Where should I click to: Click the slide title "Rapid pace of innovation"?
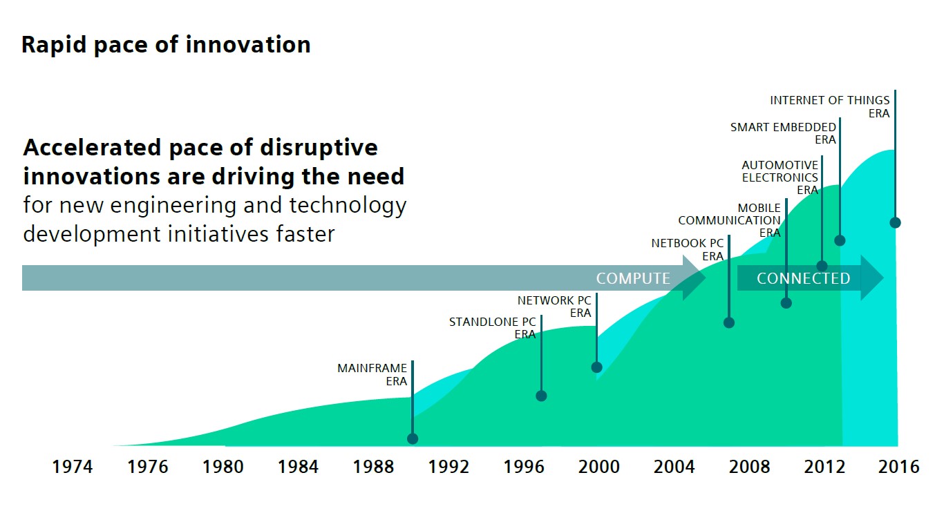coord(166,45)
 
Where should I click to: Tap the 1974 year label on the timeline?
coord(73,467)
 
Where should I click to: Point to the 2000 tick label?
coord(599,467)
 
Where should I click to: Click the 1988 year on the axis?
coord(373,467)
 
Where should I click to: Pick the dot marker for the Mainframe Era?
coord(413,438)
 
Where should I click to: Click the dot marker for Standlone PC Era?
coord(541,396)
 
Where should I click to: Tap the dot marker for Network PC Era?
coord(597,367)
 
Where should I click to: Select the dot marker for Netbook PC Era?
coord(729,322)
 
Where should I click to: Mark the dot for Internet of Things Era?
coord(895,222)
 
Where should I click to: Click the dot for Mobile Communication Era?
coord(786,302)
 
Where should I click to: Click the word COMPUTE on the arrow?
coord(633,278)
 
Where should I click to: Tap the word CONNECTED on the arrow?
coord(803,278)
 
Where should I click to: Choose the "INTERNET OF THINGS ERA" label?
coord(830,106)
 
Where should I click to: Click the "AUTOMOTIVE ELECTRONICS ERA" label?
coord(780,177)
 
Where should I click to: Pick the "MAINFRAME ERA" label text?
coord(372,375)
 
